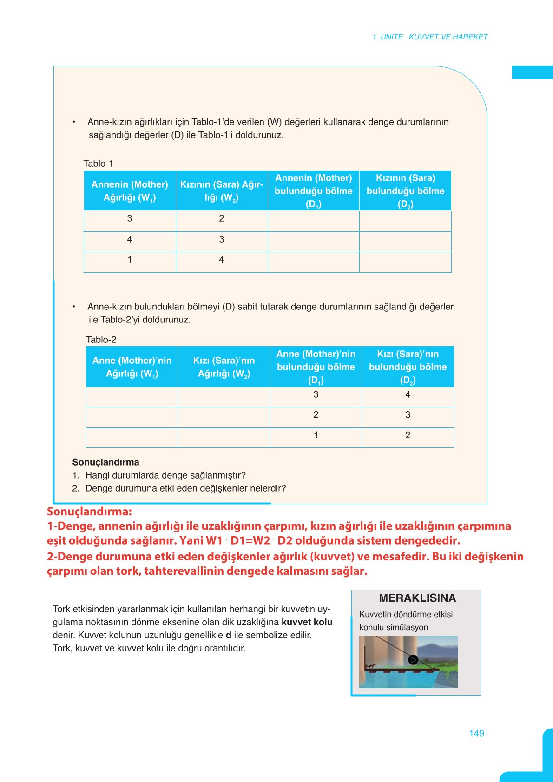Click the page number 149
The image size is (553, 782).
pyautogui.click(x=476, y=733)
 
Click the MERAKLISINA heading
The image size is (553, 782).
pyautogui.click(x=417, y=598)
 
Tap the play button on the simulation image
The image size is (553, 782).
pyautogui.click(x=413, y=659)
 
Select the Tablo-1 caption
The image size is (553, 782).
pyautogui.click(x=98, y=164)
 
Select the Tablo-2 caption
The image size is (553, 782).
pyautogui.click(x=101, y=340)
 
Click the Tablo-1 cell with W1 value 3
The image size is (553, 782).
pyautogui.click(x=130, y=218)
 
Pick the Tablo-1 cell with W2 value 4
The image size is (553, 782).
pyautogui.click(x=222, y=260)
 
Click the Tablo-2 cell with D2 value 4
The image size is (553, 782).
pyautogui.click(x=408, y=394)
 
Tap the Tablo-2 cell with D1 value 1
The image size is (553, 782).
pyautogui.click(x=316, y=435)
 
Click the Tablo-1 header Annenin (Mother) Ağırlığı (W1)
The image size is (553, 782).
pyautogui.click(x=130, y=191)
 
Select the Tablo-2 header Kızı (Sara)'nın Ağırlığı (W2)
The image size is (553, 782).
pyautogui.click(x=224, y=367)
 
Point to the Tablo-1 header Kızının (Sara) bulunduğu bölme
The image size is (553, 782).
pyautogui.click(x=405, y=191)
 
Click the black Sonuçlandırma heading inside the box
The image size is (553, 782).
pyautogui.click(x=105, y=462)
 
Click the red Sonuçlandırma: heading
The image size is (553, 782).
pyautogui.click(x=89, y=512)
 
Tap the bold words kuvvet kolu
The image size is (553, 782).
pyautogui.click(x=307, y=622)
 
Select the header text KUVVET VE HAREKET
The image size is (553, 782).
pyautogui.click(x=448, y=37)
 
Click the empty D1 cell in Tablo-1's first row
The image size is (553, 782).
pyautogui.click(x=313, y=221)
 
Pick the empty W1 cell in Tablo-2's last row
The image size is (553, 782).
pyautogui.click(x=132, y=437)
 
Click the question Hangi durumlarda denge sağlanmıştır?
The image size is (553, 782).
pyautogui.click(x=165, y=475)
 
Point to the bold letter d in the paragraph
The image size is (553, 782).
pyautogui.click(x=228, y=635)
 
